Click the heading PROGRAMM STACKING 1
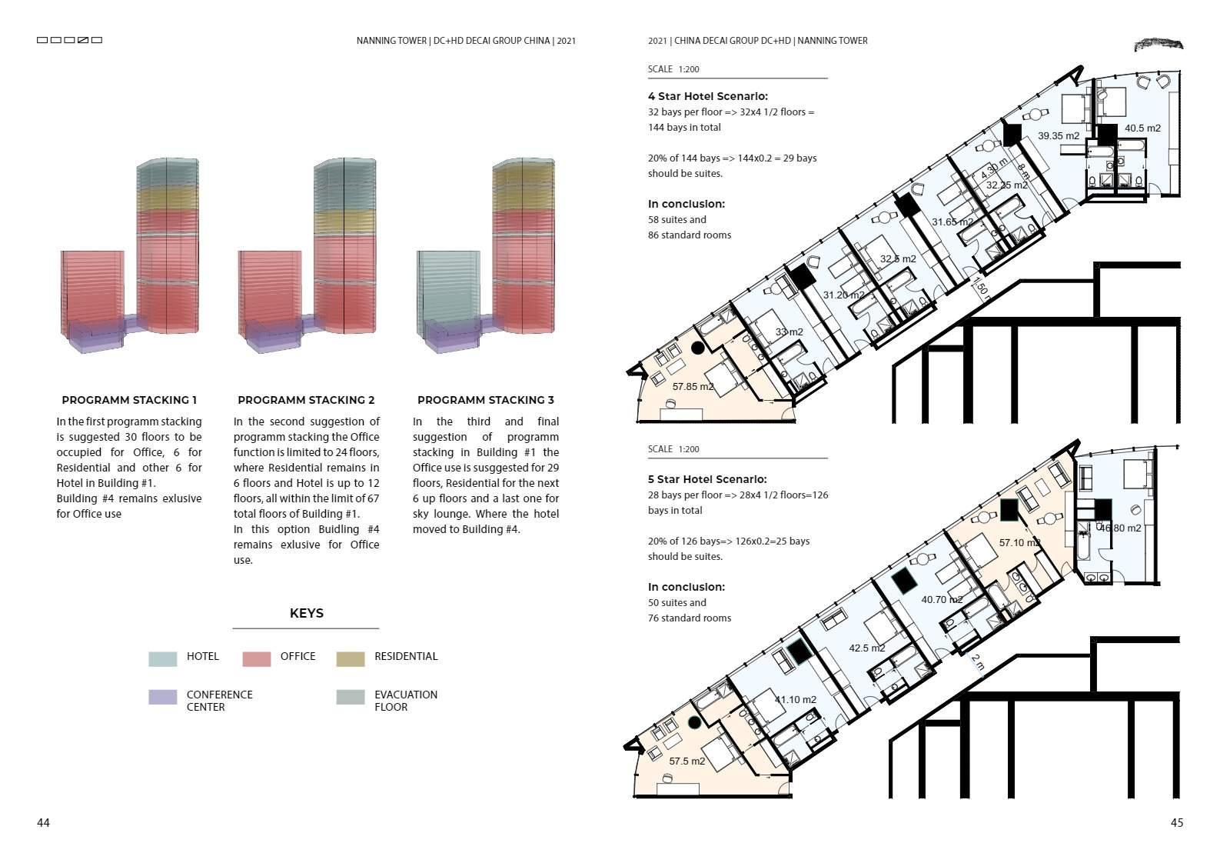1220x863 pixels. [129, 400]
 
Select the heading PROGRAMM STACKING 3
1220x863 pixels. [485, 400]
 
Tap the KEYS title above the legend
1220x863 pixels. [306, 613]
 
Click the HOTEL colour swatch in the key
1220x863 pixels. [162, 658]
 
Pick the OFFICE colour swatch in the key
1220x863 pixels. [256, 658]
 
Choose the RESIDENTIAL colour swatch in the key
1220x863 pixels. [350, 658]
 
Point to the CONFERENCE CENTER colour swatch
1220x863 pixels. [162, 697]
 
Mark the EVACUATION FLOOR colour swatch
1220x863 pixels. [350, 697]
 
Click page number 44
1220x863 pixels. [43, 822]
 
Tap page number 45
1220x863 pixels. [1176, 822]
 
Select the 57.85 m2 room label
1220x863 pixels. [693, 386]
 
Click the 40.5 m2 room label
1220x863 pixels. [1142, 128]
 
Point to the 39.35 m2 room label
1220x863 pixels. [1058, 135]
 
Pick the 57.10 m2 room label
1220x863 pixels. [1019, 542]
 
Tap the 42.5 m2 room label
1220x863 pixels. [866, 648]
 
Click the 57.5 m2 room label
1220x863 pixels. [686, 761]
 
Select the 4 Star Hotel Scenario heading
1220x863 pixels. [707, 96]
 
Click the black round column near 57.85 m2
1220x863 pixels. [697, 348]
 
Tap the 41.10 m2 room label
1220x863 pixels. [795, 699]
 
